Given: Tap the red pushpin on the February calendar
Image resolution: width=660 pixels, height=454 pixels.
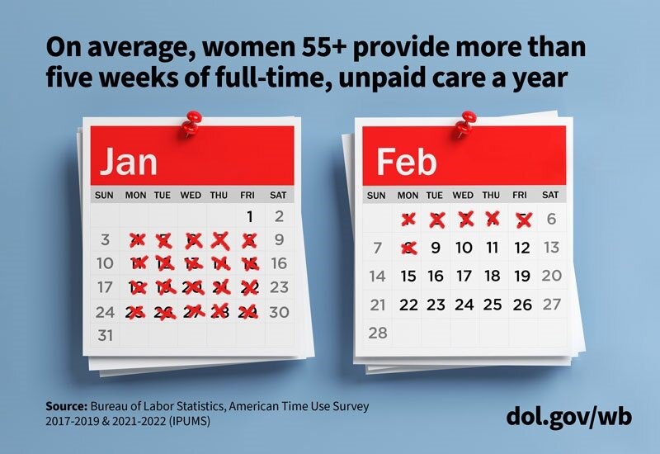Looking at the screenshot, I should [x=463, y=126].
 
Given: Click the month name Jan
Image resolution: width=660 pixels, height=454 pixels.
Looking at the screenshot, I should [x=128, y=162].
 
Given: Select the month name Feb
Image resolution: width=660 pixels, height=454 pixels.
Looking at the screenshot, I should [x=406, y=163].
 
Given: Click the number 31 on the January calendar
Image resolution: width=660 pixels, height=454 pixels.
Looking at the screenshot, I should [x=105, y=336].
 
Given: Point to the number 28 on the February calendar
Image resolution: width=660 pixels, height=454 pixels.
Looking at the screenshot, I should [x=376, y=333].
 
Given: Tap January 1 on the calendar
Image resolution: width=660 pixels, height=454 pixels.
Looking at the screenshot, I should [x=249, y=217].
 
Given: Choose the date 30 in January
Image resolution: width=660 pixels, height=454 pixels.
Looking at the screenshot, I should [x=279, y=312].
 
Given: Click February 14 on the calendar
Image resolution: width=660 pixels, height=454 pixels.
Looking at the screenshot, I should [x=377, y=276].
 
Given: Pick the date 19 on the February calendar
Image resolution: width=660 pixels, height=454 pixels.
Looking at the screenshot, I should [x=521, y=276].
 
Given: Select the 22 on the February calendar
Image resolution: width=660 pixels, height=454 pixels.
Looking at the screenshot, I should [x=408, y=305].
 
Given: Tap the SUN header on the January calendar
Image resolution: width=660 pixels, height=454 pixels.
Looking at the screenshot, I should [x=105, y=196].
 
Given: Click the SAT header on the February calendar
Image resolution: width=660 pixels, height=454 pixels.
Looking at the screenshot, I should [x=549, y=196].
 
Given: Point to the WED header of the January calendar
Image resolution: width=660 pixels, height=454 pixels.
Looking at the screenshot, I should [x=191, y=196].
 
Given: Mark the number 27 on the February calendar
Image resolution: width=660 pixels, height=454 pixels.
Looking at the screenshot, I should [x=550, y=305].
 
